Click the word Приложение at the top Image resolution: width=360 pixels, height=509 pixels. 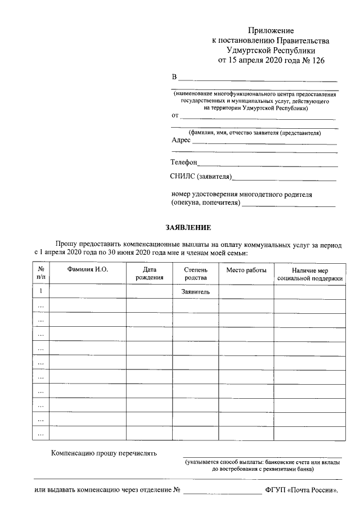(272, 30)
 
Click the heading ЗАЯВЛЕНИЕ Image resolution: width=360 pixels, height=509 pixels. (188, 228)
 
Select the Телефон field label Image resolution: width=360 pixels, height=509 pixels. (184, 162)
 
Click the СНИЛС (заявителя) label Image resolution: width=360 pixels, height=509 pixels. (201, 177)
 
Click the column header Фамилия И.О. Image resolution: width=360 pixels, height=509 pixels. (87, 270)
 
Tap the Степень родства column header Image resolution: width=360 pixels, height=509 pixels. (195, 273)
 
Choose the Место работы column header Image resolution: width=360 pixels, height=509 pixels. (246, 270)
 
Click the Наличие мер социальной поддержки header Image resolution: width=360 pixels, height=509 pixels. (309, 274)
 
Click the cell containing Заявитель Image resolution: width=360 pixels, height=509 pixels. (195, 292)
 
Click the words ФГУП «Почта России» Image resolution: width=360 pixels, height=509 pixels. (301, 490)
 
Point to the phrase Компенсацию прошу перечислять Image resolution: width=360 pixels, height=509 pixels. (104, 453)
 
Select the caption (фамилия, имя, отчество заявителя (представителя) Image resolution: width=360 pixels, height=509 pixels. (255, 133)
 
